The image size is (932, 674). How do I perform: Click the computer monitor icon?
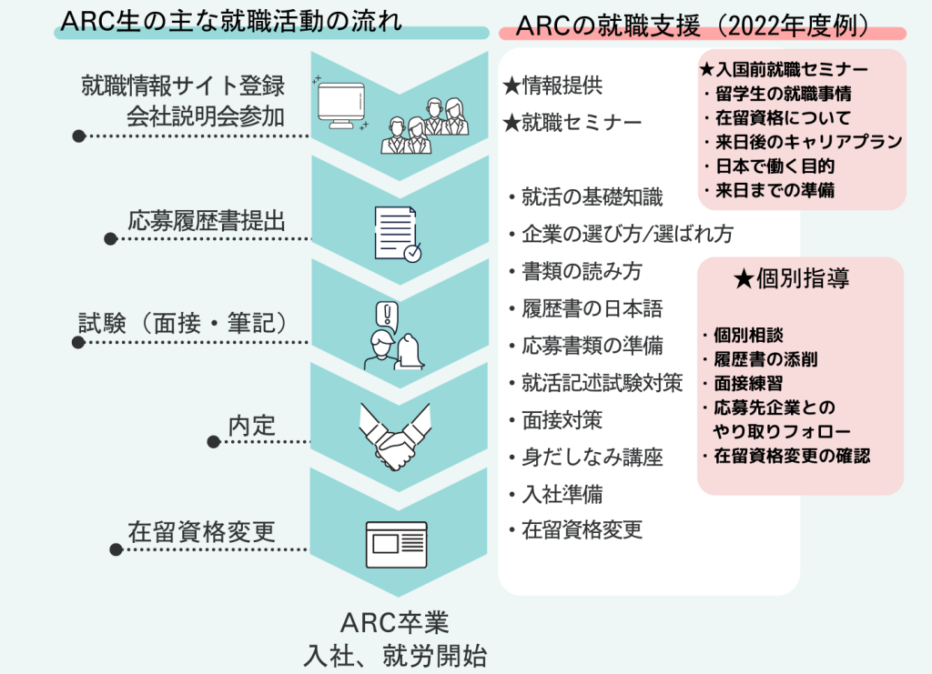pos(341,106)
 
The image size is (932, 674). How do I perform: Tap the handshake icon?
pos(395,438)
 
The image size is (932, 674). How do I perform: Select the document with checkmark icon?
pos(398,234)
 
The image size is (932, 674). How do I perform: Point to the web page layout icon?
pos(397,545)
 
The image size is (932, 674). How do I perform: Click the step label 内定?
pos(252,426)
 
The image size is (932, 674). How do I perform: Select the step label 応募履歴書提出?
pos(207,221)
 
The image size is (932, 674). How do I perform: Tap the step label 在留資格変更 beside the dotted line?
pos(201,531)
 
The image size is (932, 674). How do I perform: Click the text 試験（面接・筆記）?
pos(183,323)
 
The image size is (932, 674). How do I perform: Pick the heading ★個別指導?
pos(791,278)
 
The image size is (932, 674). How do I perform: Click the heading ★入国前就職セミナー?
pos(784,69)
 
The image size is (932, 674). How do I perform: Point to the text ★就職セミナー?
pos(572,123)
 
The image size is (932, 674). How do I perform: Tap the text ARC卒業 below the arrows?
pos(395,623)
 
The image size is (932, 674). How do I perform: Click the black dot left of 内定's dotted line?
pos(214,442)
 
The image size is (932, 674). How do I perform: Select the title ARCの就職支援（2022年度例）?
pos(694,26)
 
